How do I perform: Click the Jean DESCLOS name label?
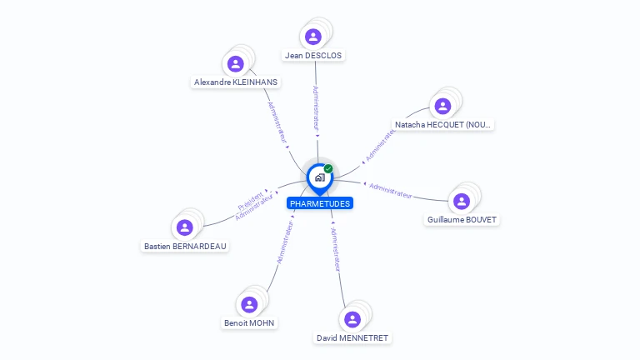tap(313, 56)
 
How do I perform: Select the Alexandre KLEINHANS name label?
tap(236, 82)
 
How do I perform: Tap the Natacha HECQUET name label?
tap(443, 125)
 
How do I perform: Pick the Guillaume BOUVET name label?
tap(463, 220)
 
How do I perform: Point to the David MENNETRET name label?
tap(352, 338)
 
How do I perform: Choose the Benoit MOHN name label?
tap(249, 323)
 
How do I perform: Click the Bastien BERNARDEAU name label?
tap(185, 247)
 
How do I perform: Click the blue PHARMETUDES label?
tap(320, 203)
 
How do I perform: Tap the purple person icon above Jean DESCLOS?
tap(313, 36)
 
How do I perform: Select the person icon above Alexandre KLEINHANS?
tap(236, 63)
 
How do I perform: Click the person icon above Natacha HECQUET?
tap(442, 106)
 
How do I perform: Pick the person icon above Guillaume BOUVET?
tap(462, 201)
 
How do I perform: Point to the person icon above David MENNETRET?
tap(352, 319)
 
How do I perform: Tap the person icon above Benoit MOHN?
tap(249, 304)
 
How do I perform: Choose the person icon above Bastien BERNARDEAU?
tap(185, 227)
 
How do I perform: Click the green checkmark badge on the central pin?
tap(328, 168)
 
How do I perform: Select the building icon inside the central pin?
tap(319, 177)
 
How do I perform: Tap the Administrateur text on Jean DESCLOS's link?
tap(316, 107)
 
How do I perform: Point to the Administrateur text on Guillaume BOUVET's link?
tap(390, 190)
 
